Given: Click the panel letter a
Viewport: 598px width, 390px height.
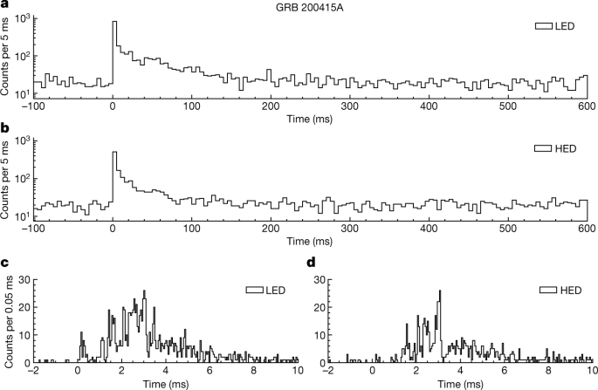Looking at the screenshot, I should (x=6, y=7).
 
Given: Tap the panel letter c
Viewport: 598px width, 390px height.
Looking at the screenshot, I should (x=6, y=262).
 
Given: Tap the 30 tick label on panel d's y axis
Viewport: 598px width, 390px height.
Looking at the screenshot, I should (x=320, y=282).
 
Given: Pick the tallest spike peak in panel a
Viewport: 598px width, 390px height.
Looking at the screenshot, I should (x=113, y=23).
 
